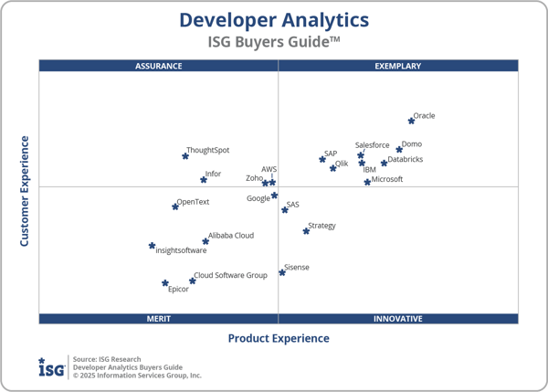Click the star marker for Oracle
[x=411, y=121]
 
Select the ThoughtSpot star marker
[x=185, y=156]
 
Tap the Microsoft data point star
[x=367, y=182]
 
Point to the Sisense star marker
[x=282, y=272]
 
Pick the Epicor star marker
[x=165, y=283]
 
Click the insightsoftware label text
[x=181, y=250]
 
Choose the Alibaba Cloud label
[x=231, y=236]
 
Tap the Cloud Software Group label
[x=230, y=275]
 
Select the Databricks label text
[x=406, y=160]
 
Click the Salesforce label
[x=372, y=145]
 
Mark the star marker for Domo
[x=399, y=149]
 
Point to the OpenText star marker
[x=175, y=207]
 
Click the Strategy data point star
[x=306, y=231]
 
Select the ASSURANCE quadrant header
[x=158, y=66]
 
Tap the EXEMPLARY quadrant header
[x=398, y=66]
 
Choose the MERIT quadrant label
[x=159, y=319]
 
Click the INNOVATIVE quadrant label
[x=398, y=319]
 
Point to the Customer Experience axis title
[x=25, y=191]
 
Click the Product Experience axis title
[x=279, y=338]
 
